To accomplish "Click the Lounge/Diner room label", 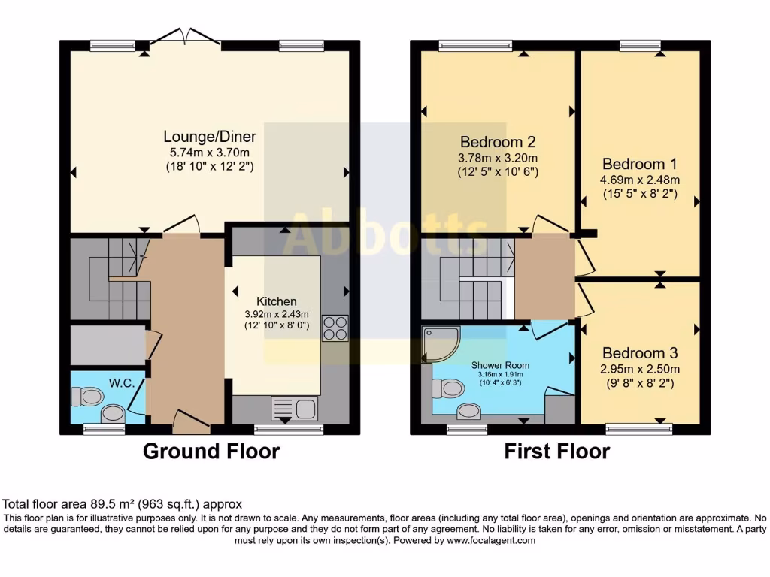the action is point(210,137).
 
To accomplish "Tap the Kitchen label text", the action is point(277,301).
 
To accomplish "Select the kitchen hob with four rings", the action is point(335,328).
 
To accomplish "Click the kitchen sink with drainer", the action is point(295,408).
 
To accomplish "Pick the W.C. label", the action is point(122,383).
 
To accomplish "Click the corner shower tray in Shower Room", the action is point(441,344).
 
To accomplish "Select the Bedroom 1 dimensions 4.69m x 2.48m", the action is point(640,180).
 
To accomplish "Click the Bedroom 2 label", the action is point(498,142).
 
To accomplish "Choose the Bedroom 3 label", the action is point(640,353).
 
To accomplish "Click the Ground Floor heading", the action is point(211,451).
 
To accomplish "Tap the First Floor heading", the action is point(557,451).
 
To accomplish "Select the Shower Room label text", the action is point(500,365).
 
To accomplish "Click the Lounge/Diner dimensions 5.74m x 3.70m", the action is point(210,153).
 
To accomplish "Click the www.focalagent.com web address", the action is point(491,541).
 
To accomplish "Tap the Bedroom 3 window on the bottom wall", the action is point(639,430).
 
